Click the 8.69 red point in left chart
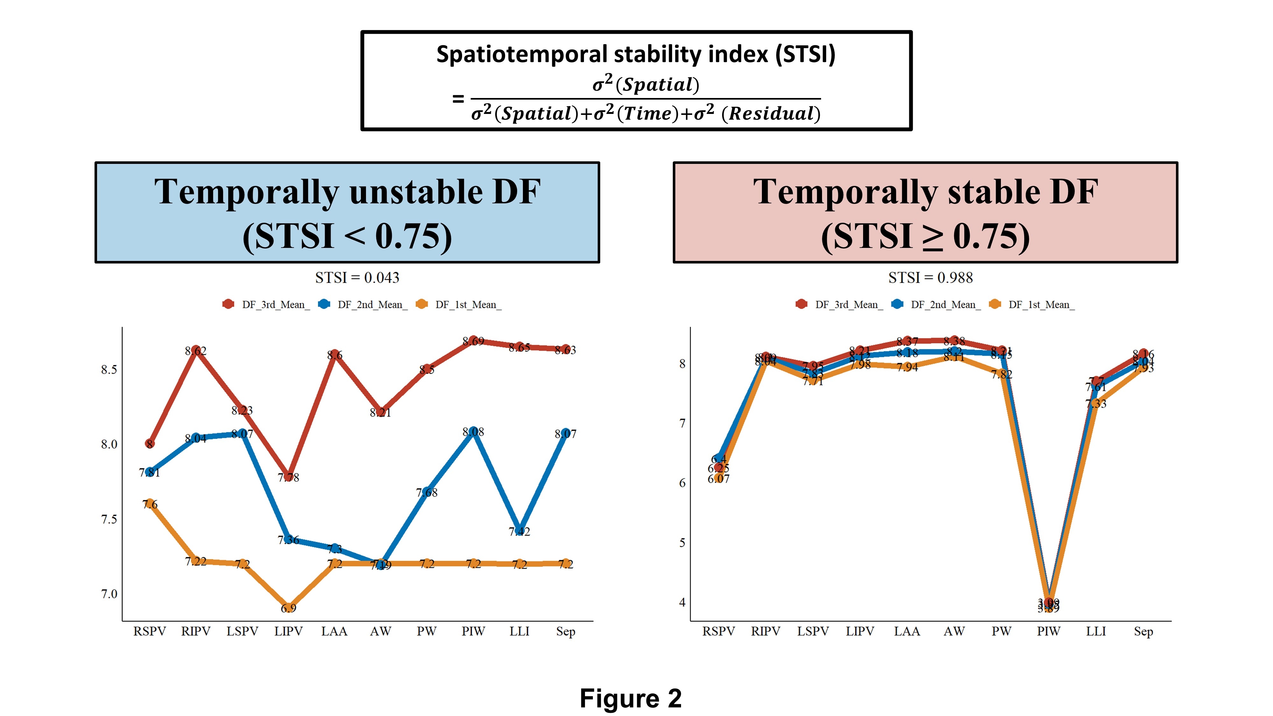click(474, 340)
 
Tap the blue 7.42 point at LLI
click(519, 530)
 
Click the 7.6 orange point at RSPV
click(150, 503)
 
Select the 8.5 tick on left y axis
click(109, 369)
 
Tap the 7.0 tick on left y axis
click(109, 593)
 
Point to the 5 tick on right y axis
click(682, 543)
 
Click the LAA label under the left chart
click(334, 631)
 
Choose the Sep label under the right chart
click(1143, 631)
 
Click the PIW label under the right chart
click(1048, 631)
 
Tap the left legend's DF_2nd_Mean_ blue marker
click(324, 305)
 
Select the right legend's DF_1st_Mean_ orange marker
click(995, 305)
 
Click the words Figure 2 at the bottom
click(630, 698)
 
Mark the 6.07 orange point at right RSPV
click(719, 478)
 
